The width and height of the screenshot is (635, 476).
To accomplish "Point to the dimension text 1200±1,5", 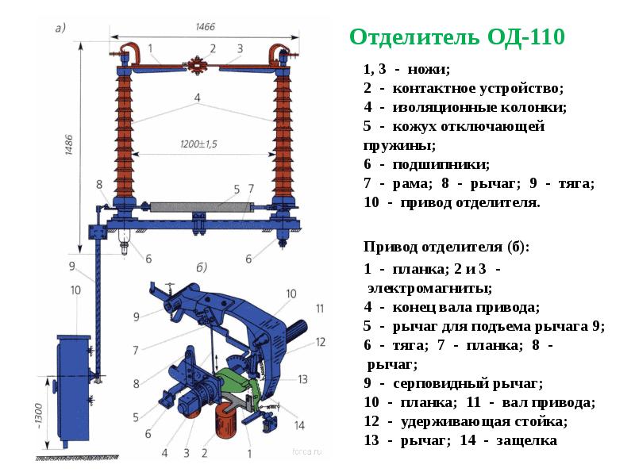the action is (197, 145).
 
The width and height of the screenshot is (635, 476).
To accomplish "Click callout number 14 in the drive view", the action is (299, 424).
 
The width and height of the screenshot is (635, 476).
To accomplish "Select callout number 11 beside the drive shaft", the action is (320, 308).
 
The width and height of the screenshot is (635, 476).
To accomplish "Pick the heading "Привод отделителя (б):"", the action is (446, 247).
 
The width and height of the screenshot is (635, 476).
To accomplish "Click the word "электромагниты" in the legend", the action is (429, 287).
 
